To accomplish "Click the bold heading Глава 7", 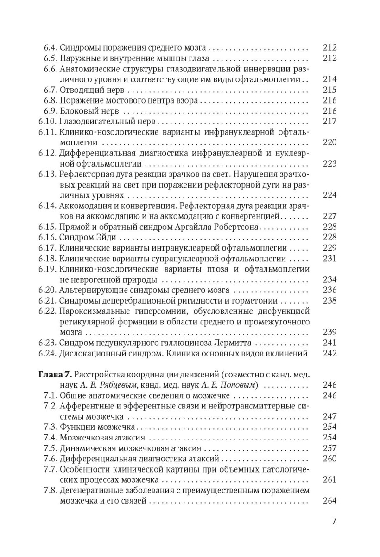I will pos(55,375).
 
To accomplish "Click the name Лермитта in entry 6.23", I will pos(234,343).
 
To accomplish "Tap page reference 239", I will pos(329,332).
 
